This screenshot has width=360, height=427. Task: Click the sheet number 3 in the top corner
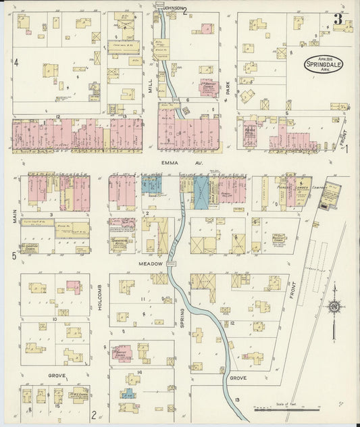(x=337, y=19)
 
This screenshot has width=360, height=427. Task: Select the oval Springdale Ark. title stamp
(x=322, y=64)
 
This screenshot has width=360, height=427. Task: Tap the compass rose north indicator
(x=334, y=307)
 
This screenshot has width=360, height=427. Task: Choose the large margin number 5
(x=13, y=255)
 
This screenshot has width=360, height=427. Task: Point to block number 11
(x=143, y=299)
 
